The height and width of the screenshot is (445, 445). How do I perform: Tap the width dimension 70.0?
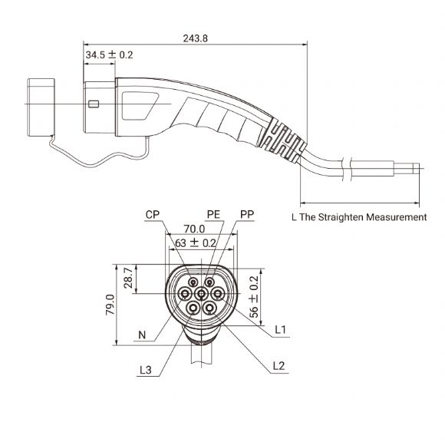point(194,229)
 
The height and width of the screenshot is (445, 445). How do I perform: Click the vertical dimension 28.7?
point(129,278)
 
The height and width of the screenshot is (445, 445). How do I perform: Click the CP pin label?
point(152,216)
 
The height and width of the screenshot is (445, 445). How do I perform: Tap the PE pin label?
point(213,216)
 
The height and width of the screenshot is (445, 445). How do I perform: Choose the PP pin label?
point(247,216)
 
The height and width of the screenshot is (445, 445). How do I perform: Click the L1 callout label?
point(282,329)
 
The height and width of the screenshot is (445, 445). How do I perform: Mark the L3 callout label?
point(146,371)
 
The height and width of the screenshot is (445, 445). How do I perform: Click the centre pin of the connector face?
point(201,293)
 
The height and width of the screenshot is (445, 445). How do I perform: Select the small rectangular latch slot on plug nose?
point(94,104)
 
